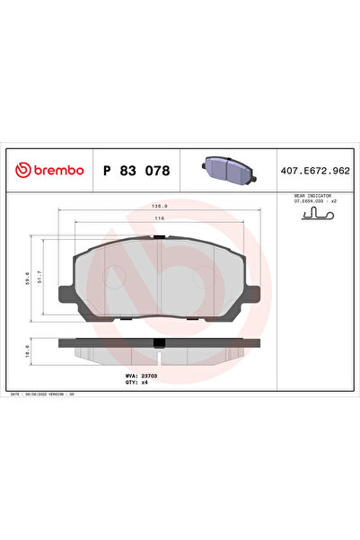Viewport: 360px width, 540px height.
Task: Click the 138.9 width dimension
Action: (159, 206)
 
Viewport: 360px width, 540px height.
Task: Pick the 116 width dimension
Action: (158, 218)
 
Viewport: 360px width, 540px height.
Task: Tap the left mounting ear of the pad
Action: (66, 294)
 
